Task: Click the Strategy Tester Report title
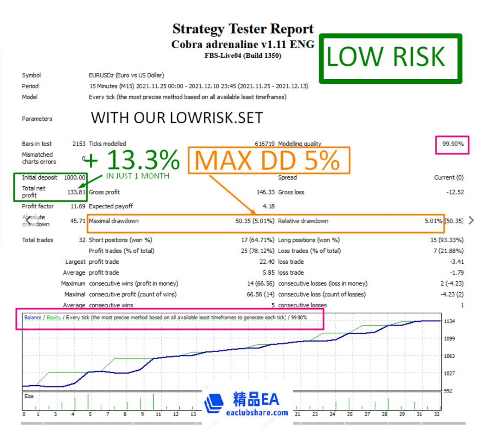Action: pos(243,29)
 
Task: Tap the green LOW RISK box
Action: pos(390,57)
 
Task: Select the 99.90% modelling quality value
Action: pos(453,144)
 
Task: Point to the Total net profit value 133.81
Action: pos(77,192)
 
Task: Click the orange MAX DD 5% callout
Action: pos(269,160)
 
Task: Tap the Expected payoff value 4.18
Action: pos(268,207)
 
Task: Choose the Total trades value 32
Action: pos(82,240)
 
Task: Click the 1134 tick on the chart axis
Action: pos(450,321)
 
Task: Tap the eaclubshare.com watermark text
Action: pos(257,413)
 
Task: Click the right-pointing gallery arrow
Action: pos(471,221)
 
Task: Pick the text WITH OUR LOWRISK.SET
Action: pos(177,118)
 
